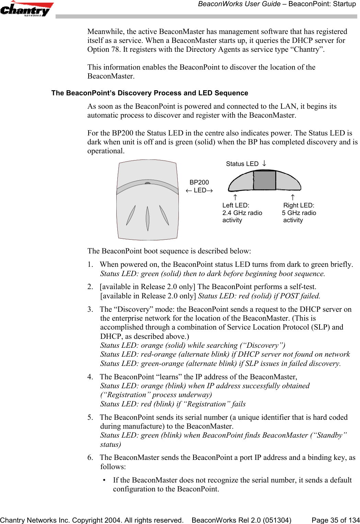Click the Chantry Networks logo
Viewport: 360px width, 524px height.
coord(27,9)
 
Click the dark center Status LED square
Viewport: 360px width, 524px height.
coord(265,180)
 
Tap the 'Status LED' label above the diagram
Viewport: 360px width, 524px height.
coord(242,164)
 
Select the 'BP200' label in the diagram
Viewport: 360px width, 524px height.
coord(199,182)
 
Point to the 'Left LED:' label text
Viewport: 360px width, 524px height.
coord(236,205)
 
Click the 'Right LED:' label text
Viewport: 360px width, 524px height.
coord(299,205)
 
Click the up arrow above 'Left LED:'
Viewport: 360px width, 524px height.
coord(235,197)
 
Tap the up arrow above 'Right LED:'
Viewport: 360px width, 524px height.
coord(292,197)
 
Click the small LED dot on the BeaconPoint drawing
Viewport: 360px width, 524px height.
coord(148,183)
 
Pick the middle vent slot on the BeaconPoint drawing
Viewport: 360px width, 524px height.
coord(148,218)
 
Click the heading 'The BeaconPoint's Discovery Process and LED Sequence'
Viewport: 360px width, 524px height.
coord(150,93)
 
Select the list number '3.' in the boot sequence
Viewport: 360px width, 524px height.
coord(90,309)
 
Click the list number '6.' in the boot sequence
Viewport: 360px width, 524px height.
coord(90,457)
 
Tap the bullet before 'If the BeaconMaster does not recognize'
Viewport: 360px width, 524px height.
coord(104,480)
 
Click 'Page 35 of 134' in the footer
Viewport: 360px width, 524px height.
coord(335,520)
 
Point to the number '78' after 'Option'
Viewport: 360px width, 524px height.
coord(115,49)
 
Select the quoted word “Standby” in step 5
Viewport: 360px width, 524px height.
coord(328,435)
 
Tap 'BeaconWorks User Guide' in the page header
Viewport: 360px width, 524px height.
coord(239,4)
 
